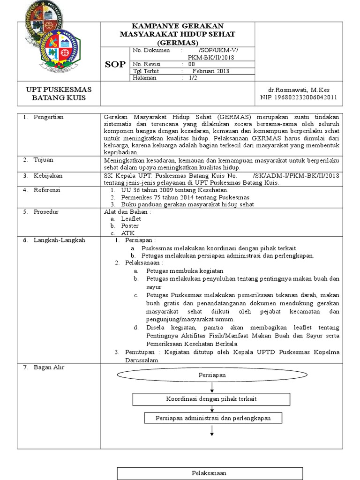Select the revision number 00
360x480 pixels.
[x=191, y=64]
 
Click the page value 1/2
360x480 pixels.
[x=193, y=78]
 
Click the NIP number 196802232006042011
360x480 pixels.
[x=299, y=97]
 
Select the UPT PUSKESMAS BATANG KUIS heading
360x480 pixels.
[x=59, y=94]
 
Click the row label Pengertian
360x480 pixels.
[x=48, y=117]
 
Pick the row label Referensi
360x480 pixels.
[x=47, y=190]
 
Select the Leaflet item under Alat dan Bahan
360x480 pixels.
[x=131, y=218]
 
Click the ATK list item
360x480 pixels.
[x=127, y=233]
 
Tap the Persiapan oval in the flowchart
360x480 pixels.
[x=212, y=375]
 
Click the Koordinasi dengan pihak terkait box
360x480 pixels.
[x=212, y=398]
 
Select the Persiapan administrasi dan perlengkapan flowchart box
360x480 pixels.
[x=212, y=418]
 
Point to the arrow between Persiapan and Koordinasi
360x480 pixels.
[x=212, y=387]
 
